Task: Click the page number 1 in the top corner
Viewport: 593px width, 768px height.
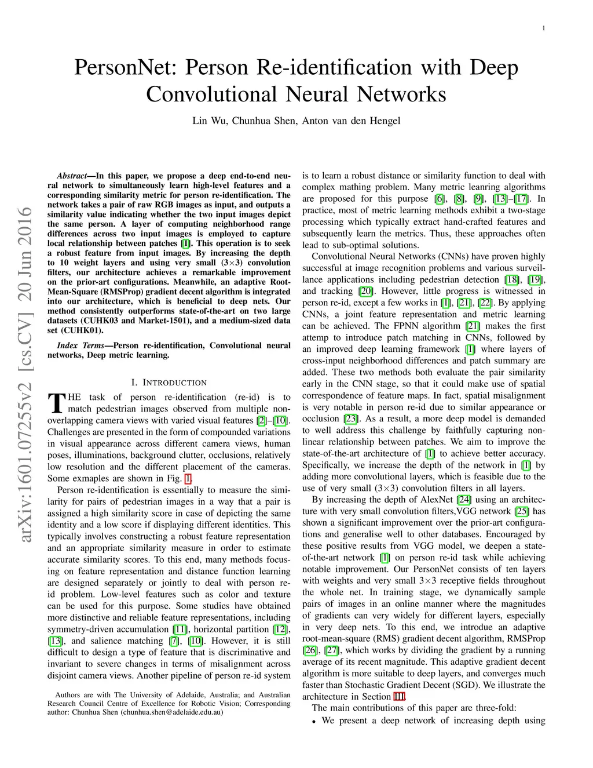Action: pyautogui.click(x=546, y=28)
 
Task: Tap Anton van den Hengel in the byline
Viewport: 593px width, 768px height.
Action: pyautogui.click(x=351, y=121)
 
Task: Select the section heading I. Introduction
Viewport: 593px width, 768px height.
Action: pyautogui.click(x=169, y=383)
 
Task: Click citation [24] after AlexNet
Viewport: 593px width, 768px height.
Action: pyautogui.click(x=464, y=500)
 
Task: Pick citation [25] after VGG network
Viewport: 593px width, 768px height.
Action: pyautogui.click(x=521, y=511)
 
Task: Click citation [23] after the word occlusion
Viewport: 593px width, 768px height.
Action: pyautogui.click(x=350, y=418)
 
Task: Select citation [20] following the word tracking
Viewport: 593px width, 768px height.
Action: pyautogui.click(x=365, y=291)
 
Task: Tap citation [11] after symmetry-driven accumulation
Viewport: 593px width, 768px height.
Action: pyautogui.click(x=180, y=629)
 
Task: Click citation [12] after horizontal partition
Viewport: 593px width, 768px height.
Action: pyautogui.click(x=280, y=629)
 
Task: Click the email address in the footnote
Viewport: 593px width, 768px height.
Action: pyautogui.click(x=171, y=712)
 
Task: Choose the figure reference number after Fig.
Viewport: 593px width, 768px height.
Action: pyautogui.click(x=187, y=479)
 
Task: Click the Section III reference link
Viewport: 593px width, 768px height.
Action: pyautogui.click(x=399, y=697)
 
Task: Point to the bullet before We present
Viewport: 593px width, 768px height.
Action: pyautogui.click(x=313, y=722)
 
